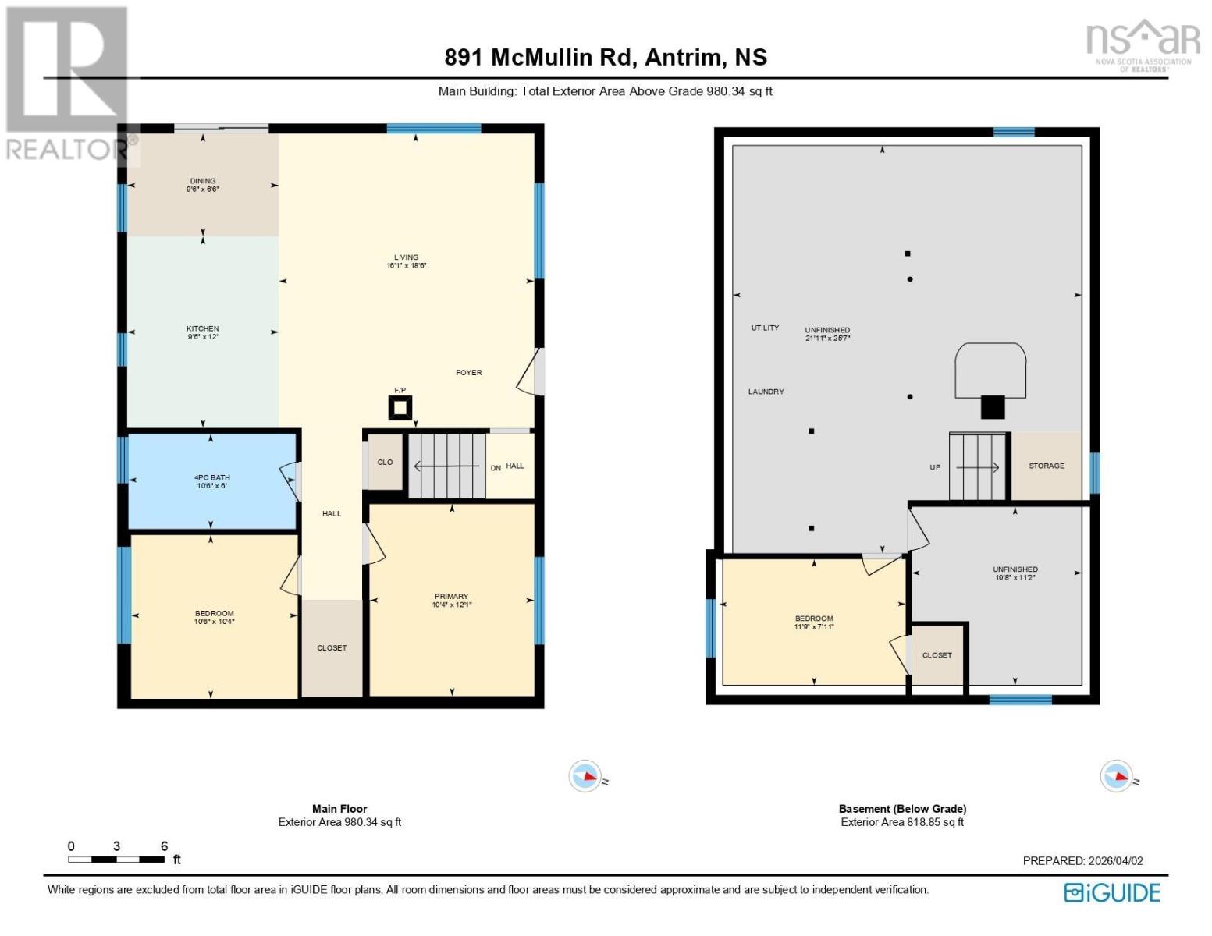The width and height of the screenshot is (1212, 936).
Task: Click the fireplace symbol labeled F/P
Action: click(400, 407)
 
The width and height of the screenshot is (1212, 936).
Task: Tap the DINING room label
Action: click(202, 181)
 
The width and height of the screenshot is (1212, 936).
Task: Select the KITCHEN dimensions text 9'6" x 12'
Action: click(202, 338)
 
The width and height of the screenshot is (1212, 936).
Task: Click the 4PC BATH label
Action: click(211, 477)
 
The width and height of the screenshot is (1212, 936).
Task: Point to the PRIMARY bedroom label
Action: click(451, 597)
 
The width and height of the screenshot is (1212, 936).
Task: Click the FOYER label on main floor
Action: click(469, 373)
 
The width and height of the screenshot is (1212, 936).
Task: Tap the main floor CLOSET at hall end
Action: click(332, 648)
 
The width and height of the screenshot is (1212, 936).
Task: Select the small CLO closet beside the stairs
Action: click(385, 463)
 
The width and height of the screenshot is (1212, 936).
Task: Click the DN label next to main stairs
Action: click(496, 468)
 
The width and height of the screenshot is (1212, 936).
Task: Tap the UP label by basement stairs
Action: click(935, 468)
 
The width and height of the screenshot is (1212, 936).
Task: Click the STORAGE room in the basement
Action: click(1047, 466)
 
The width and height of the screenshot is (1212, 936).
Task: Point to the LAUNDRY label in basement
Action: click(766, 392)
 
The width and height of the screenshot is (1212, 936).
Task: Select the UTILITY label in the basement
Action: click(765, 328)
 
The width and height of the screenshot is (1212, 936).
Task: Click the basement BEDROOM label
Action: click(814, 619)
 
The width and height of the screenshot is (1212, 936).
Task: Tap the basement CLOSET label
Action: click(937, 655)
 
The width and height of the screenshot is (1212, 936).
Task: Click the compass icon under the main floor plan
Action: click(585, 776)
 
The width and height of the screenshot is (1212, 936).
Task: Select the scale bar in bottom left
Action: click(116, 859)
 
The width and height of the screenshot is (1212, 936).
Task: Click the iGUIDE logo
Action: click(1112, 892)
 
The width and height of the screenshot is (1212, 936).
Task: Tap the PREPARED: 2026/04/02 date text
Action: click(1082, 861)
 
